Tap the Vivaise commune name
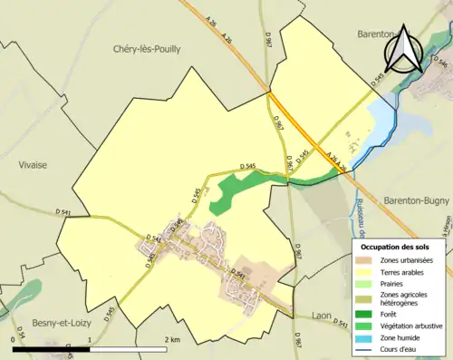33,164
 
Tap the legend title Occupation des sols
396,247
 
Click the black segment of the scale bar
51,349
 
